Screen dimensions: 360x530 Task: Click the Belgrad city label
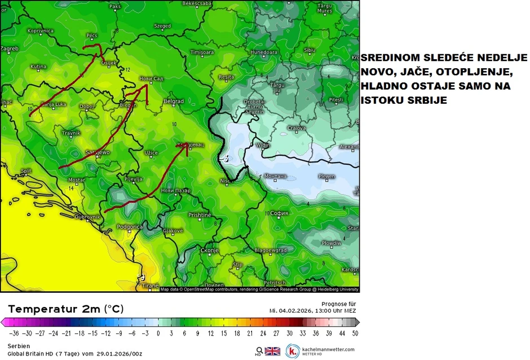click(x=173, y=101)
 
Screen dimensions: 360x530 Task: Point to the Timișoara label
click(x=202, y=52)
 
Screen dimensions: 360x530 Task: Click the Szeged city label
click(x=162, y=25)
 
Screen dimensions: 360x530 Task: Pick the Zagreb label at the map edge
click(x=10, y=48)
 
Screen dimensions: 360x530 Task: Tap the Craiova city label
click(x=297, y=128)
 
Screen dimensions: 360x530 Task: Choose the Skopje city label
click(x=209, y=249)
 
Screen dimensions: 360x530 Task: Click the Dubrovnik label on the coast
click(x=87, y=216)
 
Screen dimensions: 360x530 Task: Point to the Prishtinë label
click(x=200, y=215)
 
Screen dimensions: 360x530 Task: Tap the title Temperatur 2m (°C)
click(x=65, y=309)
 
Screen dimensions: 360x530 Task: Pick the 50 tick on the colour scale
click(x=355, y=333)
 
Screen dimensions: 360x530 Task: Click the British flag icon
click(x=272, y=351)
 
